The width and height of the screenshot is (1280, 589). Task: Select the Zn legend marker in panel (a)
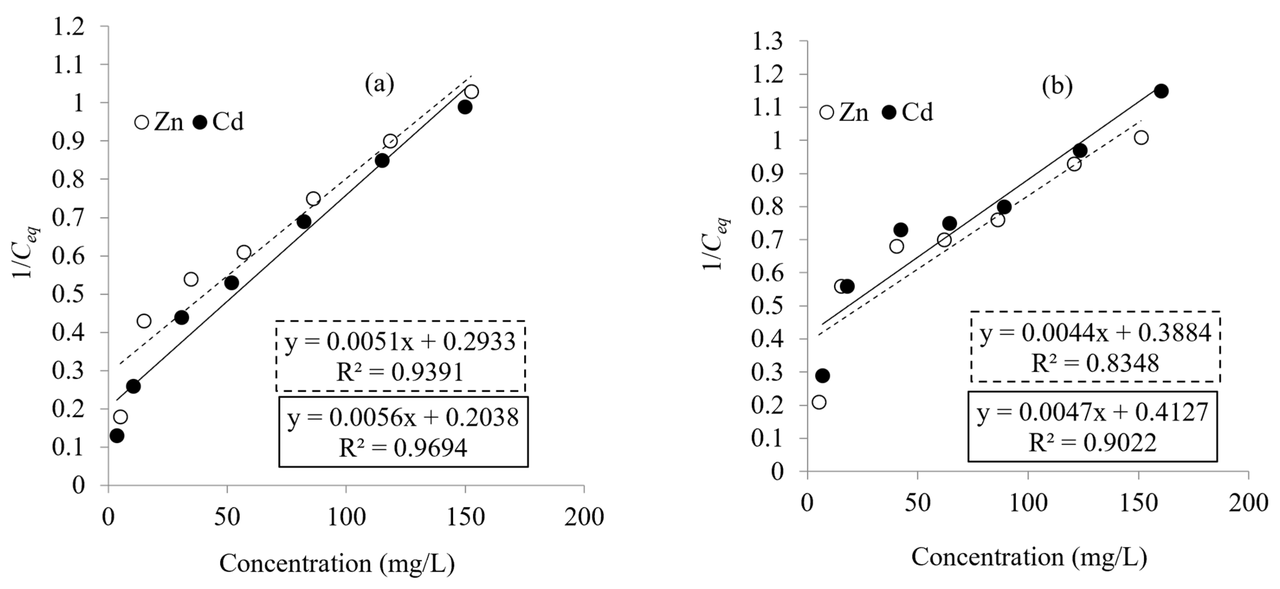(142, 122)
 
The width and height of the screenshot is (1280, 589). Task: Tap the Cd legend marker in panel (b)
(889, 112)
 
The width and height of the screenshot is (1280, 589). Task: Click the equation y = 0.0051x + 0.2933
(400, 342)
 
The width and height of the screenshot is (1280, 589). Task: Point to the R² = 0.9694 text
(403, 448)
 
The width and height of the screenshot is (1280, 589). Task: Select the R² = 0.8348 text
(1095, 363)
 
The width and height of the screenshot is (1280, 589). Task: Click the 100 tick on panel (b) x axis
(1027, 504)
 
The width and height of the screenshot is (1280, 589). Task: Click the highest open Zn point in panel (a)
(472, 92)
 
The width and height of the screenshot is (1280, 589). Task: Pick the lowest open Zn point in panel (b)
(819, 402)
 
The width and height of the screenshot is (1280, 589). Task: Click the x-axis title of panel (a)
(337, 563)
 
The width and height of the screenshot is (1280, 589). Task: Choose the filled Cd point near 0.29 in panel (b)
(822, 375)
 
